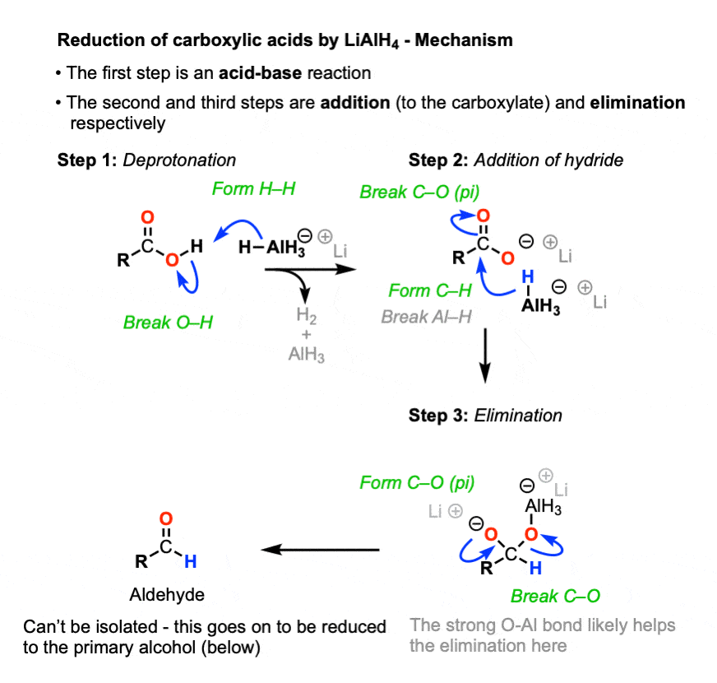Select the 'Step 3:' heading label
439,415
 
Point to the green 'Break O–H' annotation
168,323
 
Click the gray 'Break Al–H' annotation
426,316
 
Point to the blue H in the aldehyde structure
191,562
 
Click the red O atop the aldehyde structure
166,519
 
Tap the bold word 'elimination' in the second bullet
633,103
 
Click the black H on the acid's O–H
196,246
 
